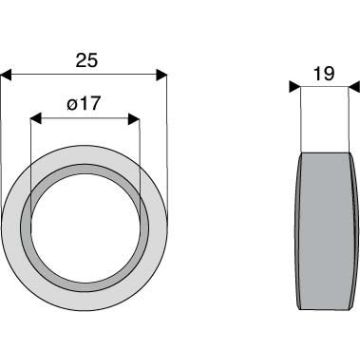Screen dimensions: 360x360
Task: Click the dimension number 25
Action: coord(87,61)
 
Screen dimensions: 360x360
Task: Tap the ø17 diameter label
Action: coord(83,104)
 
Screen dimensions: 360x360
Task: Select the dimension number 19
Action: coord(324,74)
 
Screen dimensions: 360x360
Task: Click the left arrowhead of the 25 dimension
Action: coord(6,75)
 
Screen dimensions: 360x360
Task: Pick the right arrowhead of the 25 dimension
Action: coord(161,75)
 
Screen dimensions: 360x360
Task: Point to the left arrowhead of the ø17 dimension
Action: coord(36,118)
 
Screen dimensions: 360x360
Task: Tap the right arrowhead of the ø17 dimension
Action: coord(134,119)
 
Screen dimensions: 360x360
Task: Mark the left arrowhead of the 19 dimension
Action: coord(295,87)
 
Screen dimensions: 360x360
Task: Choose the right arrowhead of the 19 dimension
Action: coord(354,87)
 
